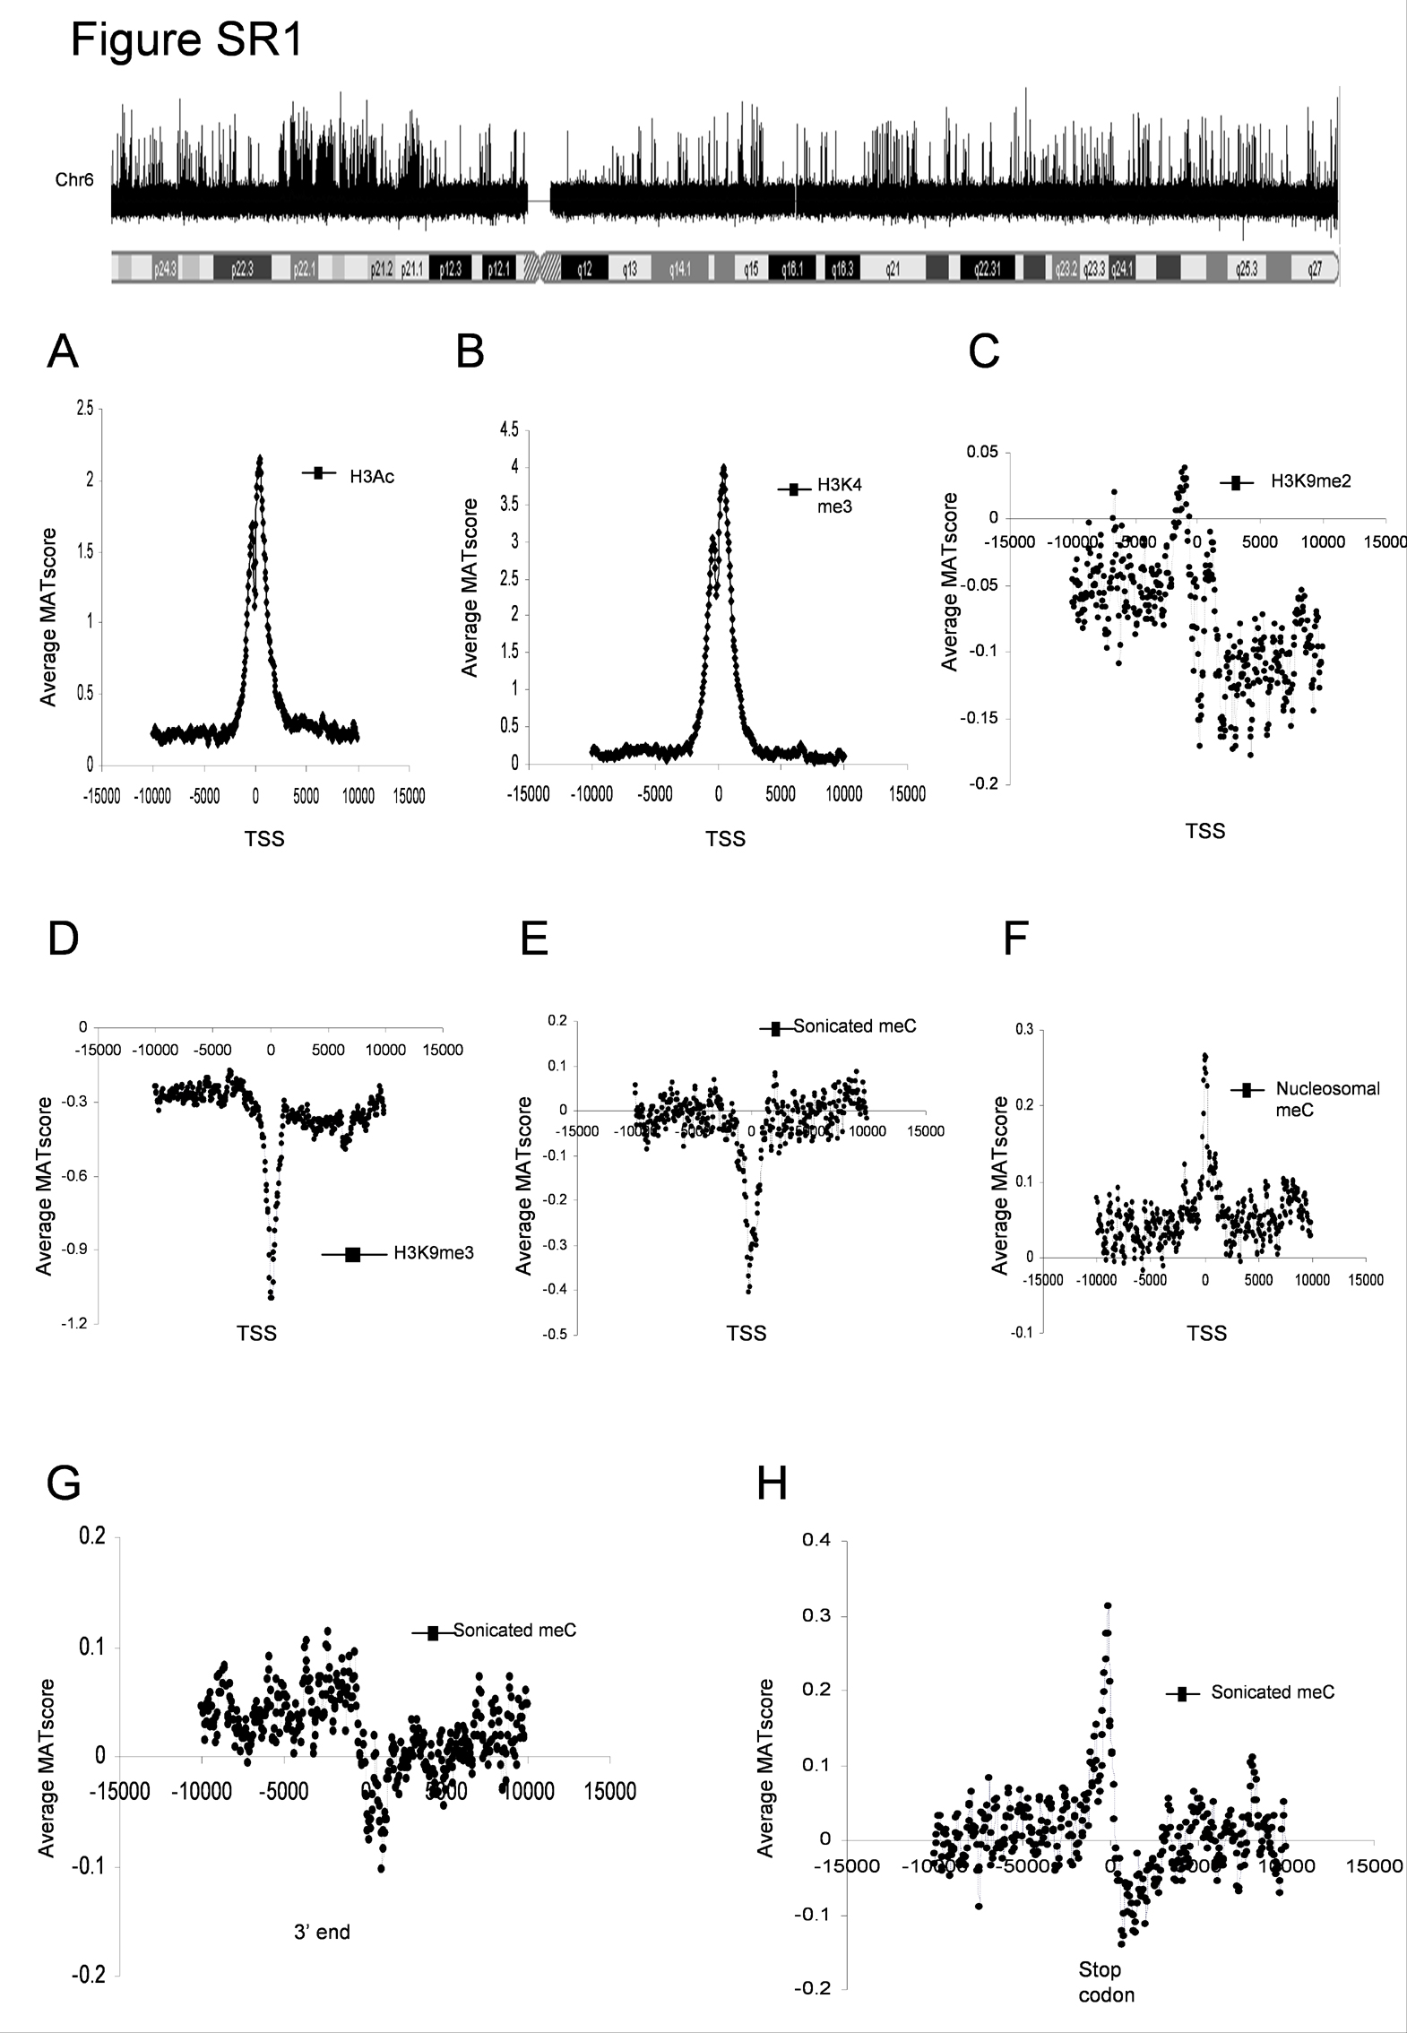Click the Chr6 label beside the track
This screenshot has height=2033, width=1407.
pyautogui.click(x=75, y=180)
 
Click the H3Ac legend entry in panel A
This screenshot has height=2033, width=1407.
pyautogui.click(x=371, y=476)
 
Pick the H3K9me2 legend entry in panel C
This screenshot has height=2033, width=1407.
pyautogui.click(x=1309, y=481)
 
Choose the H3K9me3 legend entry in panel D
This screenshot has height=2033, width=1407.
pyautogui.click(x=434, y=1253)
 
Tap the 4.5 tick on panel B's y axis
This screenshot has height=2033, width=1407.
pyautogui.click(x=508, y=430)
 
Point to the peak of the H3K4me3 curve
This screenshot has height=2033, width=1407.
pyautogui.click(x=722, y=466)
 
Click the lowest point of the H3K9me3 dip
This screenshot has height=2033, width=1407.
pyautogui.click(x=271, y=1297)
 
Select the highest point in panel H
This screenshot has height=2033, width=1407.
pyautogui.click(x=1108, y=1605)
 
